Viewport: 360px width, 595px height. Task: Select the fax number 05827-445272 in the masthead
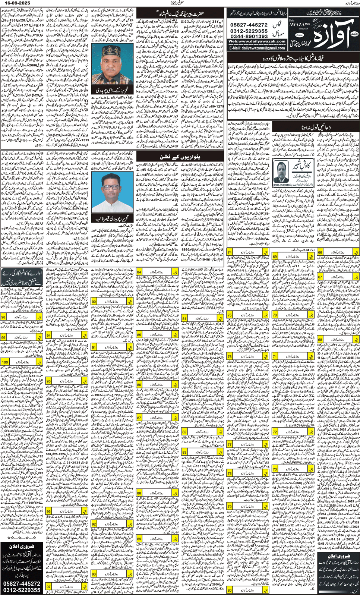click(249, 25)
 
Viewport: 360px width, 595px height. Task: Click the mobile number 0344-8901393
click(249, 36)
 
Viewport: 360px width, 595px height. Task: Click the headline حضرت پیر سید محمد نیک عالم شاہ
click(180, 14)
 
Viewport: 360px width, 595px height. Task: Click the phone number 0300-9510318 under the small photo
click(281, 185)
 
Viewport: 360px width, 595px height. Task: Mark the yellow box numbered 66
click(320, 252)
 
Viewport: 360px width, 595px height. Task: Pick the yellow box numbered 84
click(139, 272)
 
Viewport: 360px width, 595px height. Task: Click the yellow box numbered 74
click(230, 252)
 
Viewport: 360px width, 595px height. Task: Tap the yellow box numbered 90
click(94, 301)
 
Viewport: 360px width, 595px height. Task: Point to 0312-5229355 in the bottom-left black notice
click(22, 590)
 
